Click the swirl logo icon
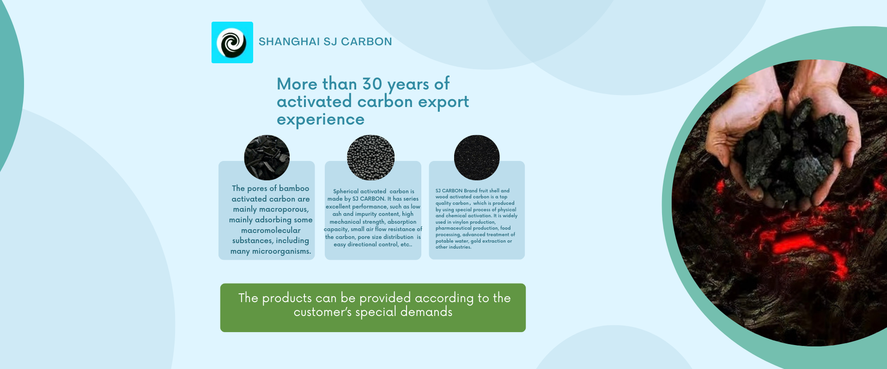coord(232,42)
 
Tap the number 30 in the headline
coord(372,84)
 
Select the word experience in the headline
coord(321,119)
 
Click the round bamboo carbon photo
coord(267,157)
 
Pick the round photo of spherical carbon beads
coord(371,157)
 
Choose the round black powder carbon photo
coord(477,157)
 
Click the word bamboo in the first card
coord(294,188)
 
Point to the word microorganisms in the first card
coord(281,251)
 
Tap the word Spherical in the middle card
coord(346,191)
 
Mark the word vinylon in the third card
coord(461,222)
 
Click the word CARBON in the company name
coord(366,42)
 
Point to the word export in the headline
coord(443,102)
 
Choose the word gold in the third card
coord(475,241)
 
